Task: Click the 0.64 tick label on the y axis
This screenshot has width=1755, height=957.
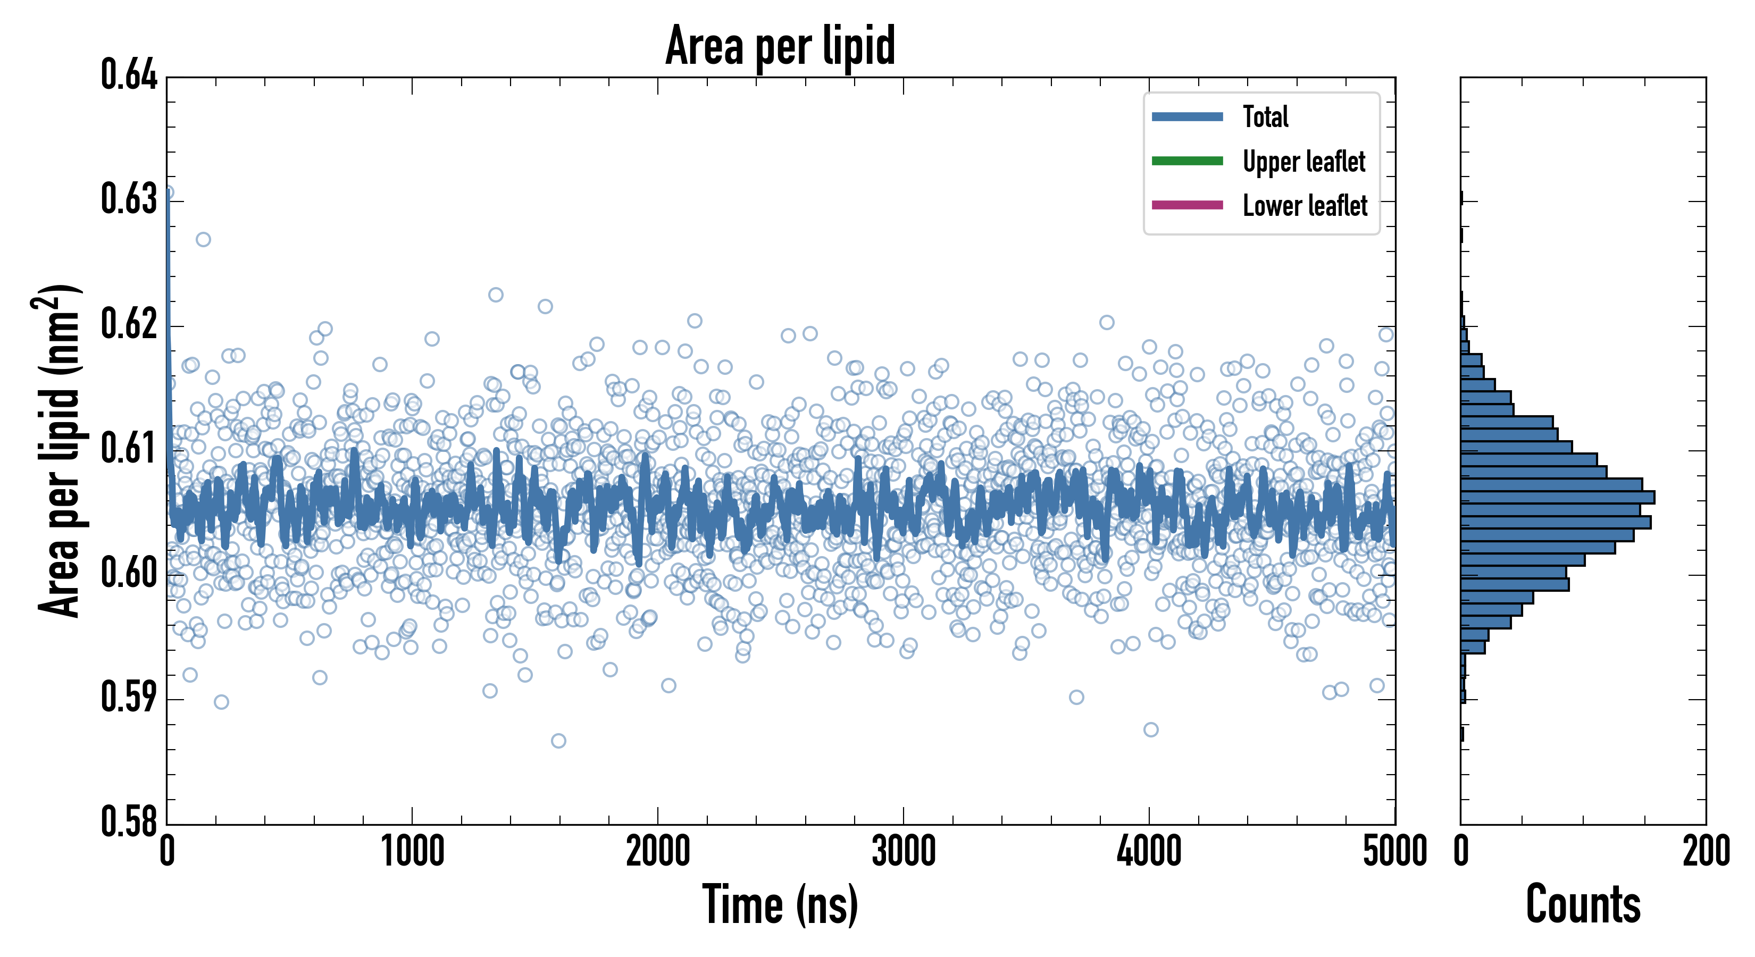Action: click(x=129, y=75)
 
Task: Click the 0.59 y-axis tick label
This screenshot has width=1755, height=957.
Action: click(x=129, y=697)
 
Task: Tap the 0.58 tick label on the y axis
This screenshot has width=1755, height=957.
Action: click(x=129, y=821)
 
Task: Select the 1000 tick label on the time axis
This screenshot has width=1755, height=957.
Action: click(x=412, y=851)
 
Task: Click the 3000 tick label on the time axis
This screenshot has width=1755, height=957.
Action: click(x=904, y=851)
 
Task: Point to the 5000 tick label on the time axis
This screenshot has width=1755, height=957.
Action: click(x=1394, y=851)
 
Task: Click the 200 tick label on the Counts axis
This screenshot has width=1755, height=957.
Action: click(x=1705, y=851)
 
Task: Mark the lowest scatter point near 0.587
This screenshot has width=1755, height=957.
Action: click(x=558, y=741)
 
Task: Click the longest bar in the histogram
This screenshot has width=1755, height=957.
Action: click(x=1557, y=497)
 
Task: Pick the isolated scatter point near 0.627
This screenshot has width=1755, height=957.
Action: click(x=203, y=239)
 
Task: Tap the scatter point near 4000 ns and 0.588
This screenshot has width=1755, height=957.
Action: click(x=1151, y=729)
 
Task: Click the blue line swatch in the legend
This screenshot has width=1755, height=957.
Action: click(x=1187, y=116)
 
